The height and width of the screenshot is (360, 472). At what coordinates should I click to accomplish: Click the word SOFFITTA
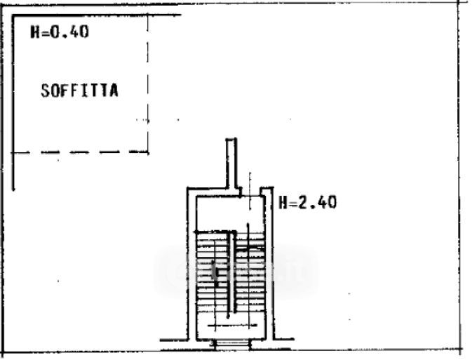[79, 91]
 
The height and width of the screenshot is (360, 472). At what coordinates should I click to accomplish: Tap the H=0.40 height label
[59, 32]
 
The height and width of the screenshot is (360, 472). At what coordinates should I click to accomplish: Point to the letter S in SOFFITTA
[45, 91]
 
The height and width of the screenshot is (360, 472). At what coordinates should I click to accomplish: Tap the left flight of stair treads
[210, 274]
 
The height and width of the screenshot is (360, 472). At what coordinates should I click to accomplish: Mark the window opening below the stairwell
[229, 344]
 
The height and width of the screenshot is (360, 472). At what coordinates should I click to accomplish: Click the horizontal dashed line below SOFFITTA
[81, 152]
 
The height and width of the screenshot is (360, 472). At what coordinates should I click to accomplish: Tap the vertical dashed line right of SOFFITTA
[149, 84]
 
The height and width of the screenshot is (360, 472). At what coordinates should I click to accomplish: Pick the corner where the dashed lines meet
[149, 152]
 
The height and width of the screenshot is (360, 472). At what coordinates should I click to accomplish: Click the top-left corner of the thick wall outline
[14, 15]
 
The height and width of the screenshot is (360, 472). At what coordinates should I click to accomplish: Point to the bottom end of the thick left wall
[14, 188]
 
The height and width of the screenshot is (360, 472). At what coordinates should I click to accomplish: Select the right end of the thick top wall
[180, 15]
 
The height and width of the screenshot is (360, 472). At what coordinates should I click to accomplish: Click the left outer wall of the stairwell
[189, 267]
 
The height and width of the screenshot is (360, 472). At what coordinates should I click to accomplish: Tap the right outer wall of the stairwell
[270, 267]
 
